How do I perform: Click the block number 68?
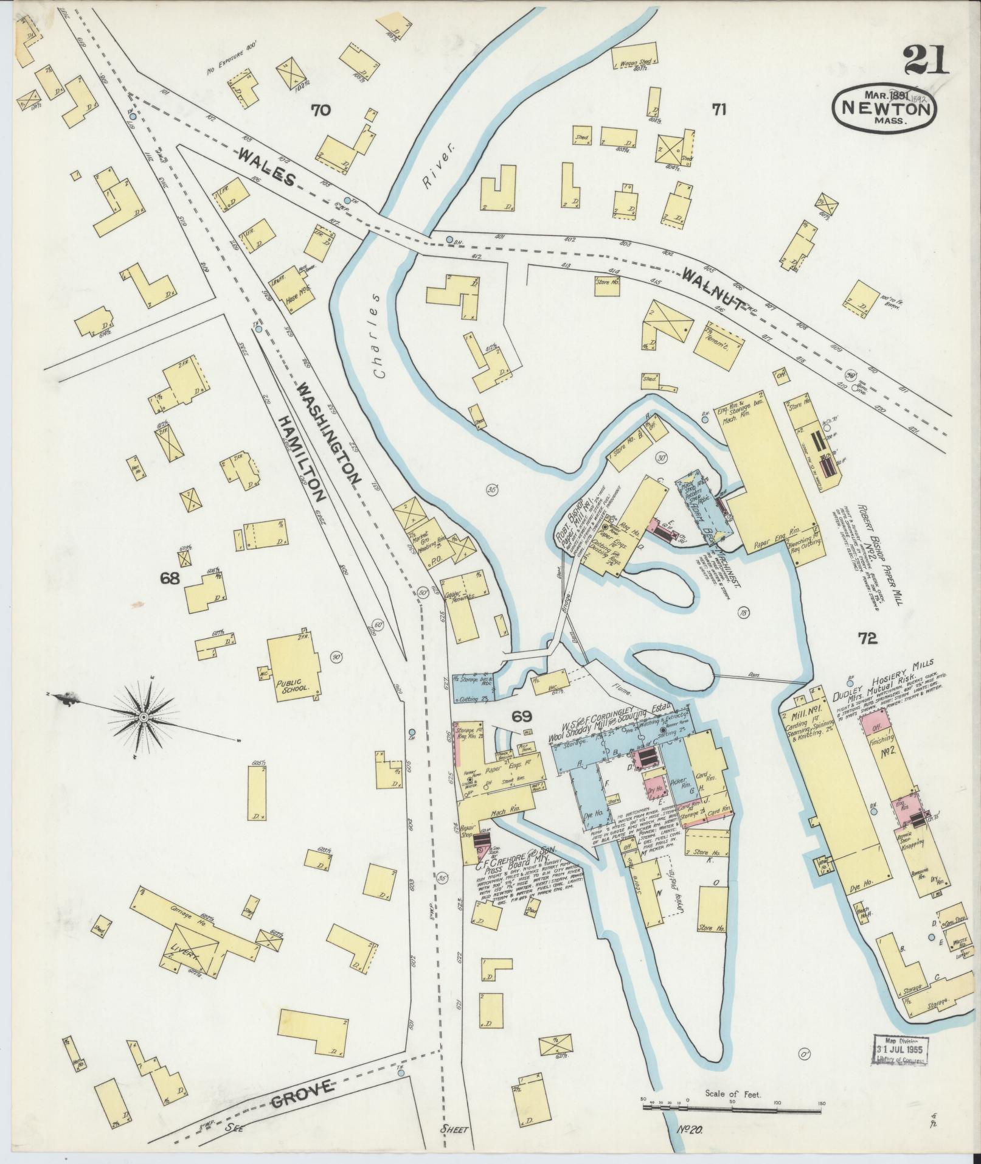(x=170, y=579)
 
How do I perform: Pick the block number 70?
(x=321, y=110)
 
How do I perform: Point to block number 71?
(x=719, y=110)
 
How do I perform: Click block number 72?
(x=867, y=638)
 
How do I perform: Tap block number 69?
(x=521, y=717)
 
